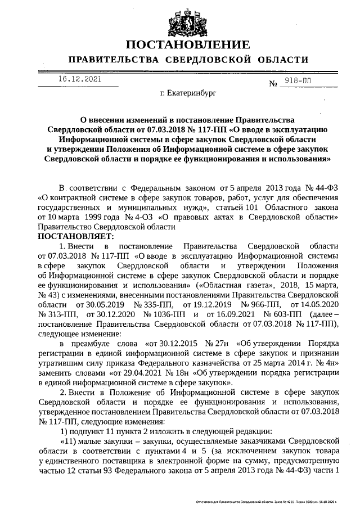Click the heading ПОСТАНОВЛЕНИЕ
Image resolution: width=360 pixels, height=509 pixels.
[187, 45]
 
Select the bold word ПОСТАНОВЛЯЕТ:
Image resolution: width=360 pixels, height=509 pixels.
[75, 236]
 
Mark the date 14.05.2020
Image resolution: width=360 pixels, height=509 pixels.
[320, 304]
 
